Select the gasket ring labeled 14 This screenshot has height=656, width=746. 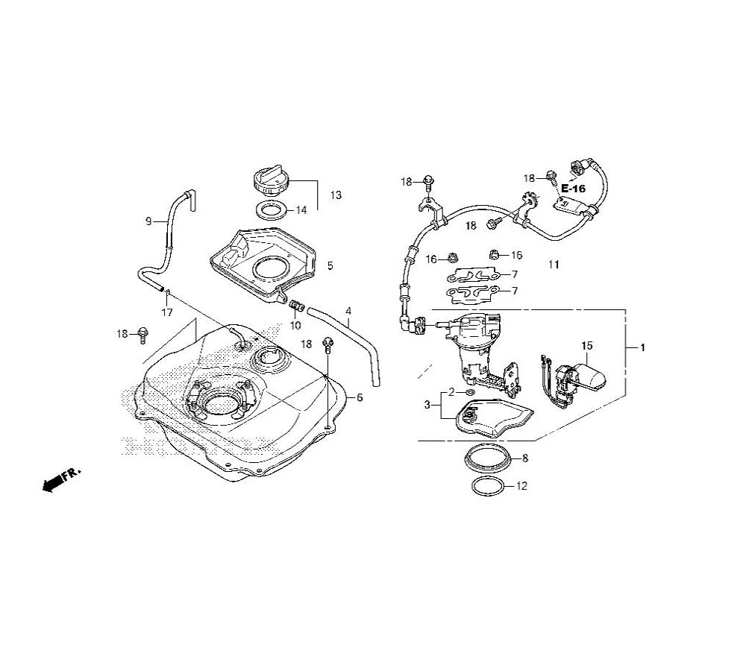272,209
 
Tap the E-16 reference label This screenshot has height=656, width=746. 573,189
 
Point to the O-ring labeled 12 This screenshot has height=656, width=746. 488,486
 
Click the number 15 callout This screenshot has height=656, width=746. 587,346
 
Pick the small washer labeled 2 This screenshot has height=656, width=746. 470,392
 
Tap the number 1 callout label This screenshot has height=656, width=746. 642,348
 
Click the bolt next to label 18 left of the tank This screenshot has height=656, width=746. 142,334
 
